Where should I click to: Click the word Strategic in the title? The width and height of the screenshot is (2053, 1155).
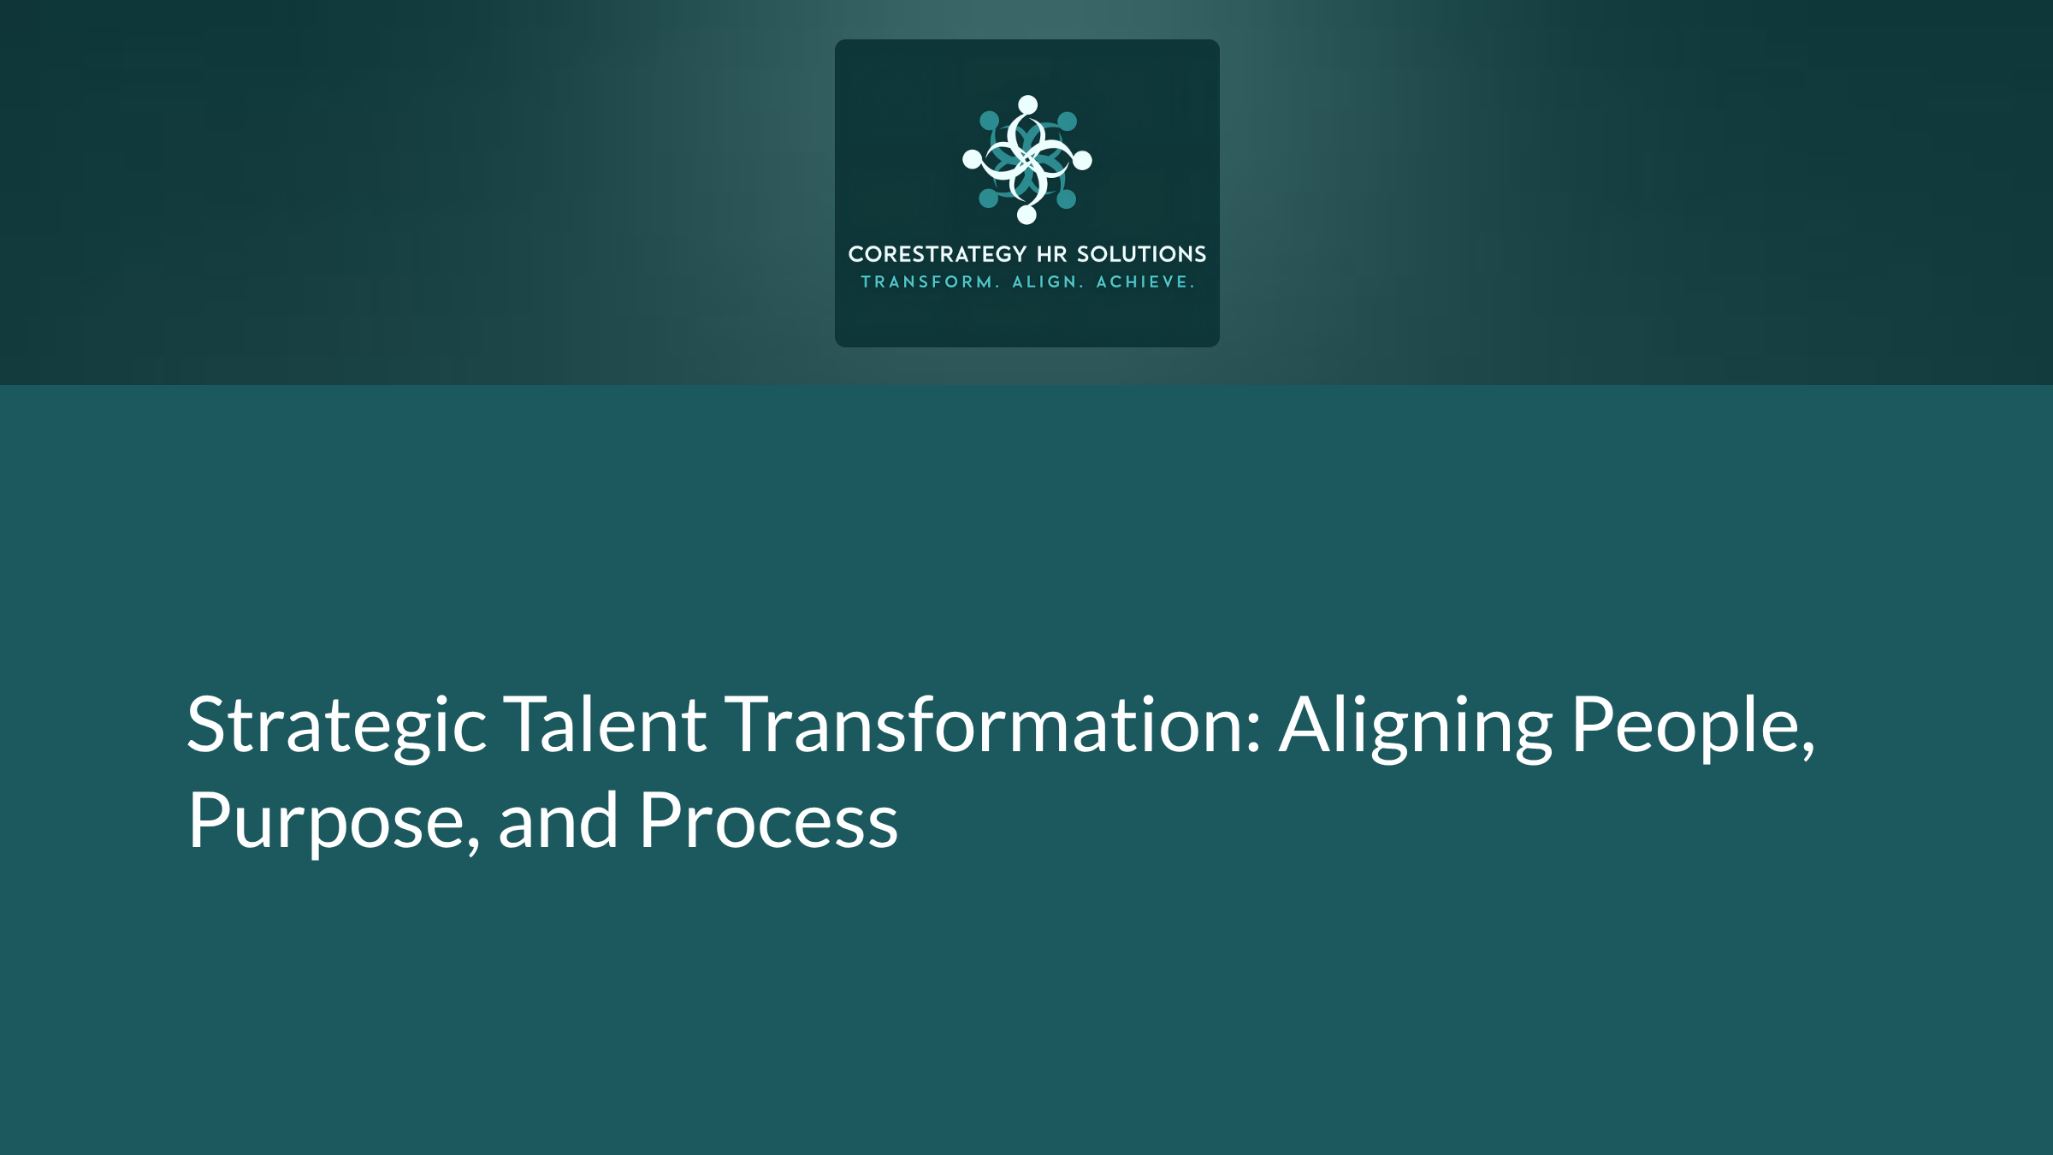[x=337, y=726]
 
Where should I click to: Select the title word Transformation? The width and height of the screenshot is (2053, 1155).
[x=993, y=724]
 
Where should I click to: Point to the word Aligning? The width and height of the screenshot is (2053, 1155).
[x=1416, y=726]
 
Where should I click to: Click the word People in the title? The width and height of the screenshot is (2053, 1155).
[x=1693, y=726]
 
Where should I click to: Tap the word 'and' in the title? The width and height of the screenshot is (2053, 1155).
[x=558, y=820]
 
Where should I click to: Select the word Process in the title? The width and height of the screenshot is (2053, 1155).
[x=768, y=820]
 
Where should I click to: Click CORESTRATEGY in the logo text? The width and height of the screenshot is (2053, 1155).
[x=937, y=254]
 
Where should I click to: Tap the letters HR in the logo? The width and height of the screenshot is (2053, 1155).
[x=1052, y=254]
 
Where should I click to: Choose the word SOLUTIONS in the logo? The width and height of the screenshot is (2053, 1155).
[x=1141, y=254]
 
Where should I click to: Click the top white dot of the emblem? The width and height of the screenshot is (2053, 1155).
[x=1028, y=104]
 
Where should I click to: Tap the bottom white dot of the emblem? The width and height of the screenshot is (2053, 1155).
[x=1026, y=215]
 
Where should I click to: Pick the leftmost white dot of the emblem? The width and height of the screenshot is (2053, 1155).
[x=972, y=158]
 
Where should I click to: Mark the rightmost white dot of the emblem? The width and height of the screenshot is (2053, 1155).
[x=1082, y=160]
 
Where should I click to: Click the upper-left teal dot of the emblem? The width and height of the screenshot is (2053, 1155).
[x=989, y=121]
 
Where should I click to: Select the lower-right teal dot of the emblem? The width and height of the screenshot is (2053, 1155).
[x=1067, y=199]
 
